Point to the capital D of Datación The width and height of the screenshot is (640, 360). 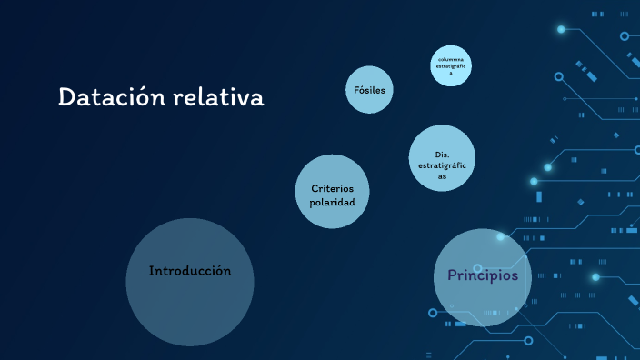click(66, 97)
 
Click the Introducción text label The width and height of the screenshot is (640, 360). click(190, 271)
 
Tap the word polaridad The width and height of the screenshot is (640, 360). click(333, 202)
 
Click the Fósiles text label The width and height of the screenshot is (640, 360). click(369, 90)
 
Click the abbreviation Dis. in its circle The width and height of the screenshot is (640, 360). click(443, 155)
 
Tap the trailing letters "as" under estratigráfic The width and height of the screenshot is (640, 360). click(443, 176)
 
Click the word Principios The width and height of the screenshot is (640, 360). click(482, 275)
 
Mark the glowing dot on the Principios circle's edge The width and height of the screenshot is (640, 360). click(500, 236)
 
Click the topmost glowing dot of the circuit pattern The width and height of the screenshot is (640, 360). click(561, 29)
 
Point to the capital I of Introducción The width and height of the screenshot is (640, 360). click(152, 271)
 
